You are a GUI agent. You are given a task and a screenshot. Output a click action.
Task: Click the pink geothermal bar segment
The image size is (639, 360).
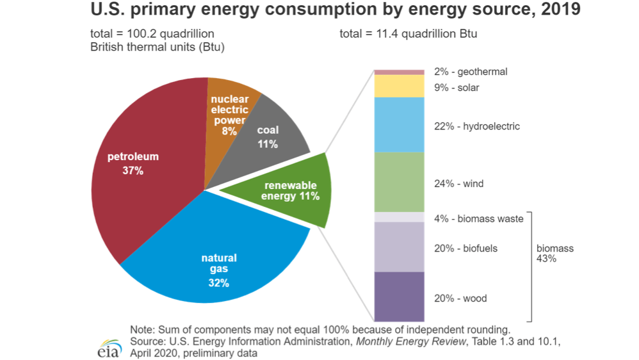click(x=399, y=72)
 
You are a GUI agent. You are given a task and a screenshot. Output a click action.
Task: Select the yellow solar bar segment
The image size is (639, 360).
click(x=399, y=86)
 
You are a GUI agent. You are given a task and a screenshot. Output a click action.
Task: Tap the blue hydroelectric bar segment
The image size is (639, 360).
click(x=399, y=124)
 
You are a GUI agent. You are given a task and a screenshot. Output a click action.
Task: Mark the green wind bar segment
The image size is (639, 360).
click(x=399, y=182)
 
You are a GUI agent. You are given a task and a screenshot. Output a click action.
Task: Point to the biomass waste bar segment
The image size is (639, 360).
click(x=399, y=217)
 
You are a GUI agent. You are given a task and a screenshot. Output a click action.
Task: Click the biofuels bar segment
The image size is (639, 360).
click(x=399, y=247)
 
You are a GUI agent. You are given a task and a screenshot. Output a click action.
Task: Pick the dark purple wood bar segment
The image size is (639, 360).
click(x=399, y=297)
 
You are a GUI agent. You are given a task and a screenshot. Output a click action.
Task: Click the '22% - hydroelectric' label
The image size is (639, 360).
click(x=477, y=126)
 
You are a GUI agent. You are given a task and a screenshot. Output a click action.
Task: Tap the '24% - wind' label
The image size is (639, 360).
click(x=458, y=184)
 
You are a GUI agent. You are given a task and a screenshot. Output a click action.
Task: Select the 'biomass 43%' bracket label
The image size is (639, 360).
click(x=554, y=254)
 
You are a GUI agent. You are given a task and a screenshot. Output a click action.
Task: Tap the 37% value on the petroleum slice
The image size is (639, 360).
click(x=133, y=171)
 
